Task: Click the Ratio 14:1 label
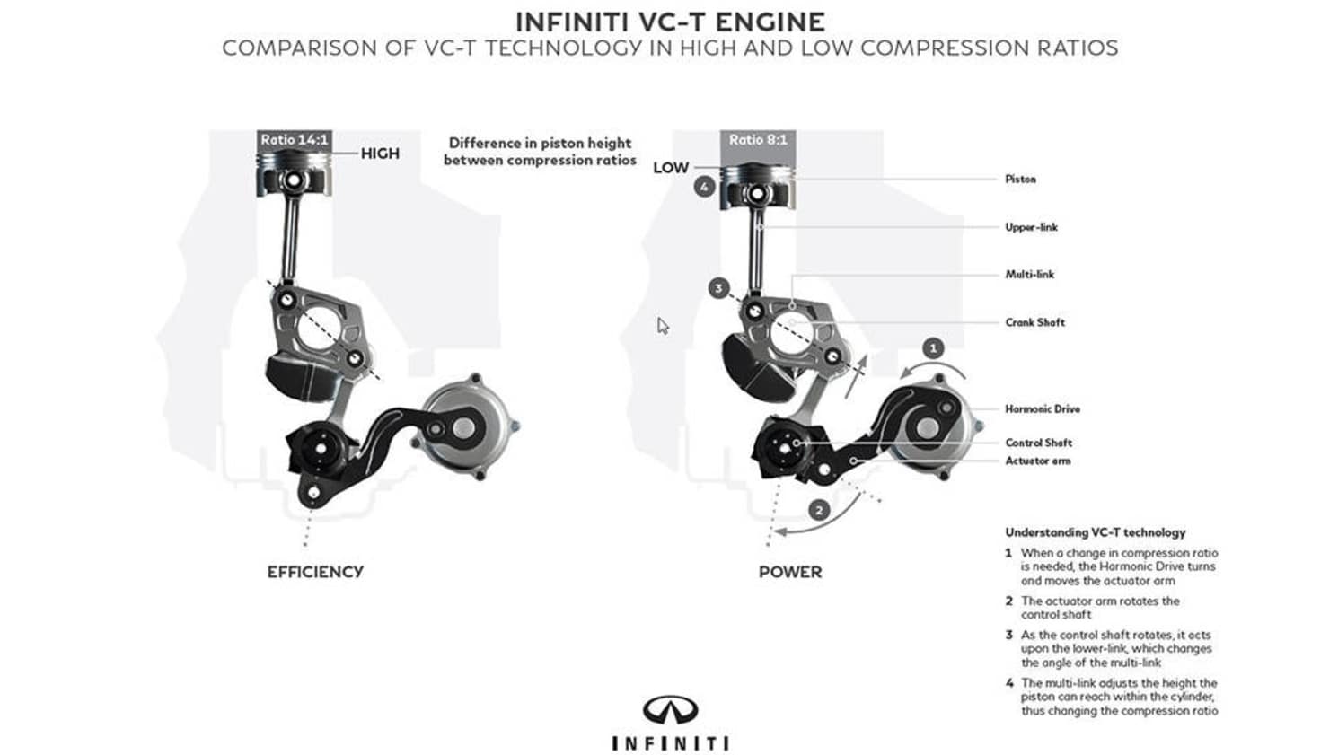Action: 294,140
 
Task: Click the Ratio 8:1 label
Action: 757,140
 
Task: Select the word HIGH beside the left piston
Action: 380,154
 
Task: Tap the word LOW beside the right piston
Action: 671,168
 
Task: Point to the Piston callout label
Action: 1020,180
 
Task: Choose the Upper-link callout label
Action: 1031,227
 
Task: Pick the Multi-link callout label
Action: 1029,275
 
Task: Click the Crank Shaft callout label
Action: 1034,322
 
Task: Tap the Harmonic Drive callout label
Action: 1042,409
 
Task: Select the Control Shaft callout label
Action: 1038,443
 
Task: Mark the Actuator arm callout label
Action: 1037,461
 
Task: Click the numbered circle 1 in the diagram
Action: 933,347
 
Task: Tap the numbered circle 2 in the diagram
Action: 819,510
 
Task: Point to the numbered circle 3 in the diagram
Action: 718,288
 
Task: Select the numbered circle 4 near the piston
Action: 704,187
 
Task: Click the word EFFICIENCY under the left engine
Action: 315,572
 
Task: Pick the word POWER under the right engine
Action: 790,572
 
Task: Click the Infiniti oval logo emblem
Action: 670,710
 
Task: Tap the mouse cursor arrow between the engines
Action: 663,326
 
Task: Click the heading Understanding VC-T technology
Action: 1095,532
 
